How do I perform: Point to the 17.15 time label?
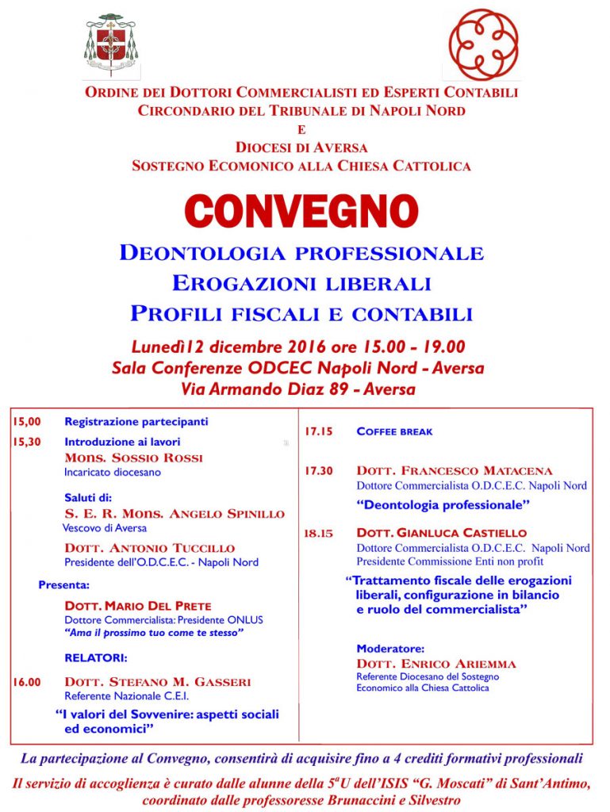(318, 432)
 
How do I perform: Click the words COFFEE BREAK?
(394, 432)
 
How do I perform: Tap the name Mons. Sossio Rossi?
(133, 458)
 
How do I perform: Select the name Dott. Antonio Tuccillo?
(149, 548)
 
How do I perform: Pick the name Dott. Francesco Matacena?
(466, 471)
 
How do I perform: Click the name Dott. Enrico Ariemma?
(436, 664)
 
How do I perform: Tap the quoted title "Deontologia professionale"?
(442, 504)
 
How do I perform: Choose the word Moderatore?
(390, 648)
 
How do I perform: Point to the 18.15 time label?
(318, 534)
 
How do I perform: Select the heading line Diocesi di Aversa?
(301, 147)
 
